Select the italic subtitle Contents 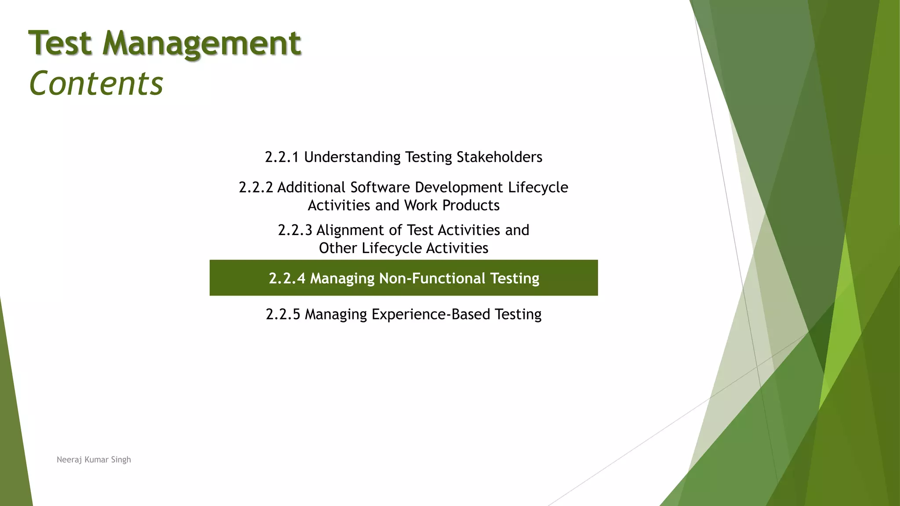click(96, 83)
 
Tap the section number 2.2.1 click(282, 157)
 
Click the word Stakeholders click(499, 157)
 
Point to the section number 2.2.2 click(256, 188)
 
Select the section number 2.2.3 click(295, 230)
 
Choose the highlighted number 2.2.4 click(287, 278)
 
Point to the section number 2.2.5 click(283, 314)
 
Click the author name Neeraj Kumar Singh click(94, 460)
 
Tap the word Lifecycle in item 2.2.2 click(538, 188)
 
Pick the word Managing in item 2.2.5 click(336, 314)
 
